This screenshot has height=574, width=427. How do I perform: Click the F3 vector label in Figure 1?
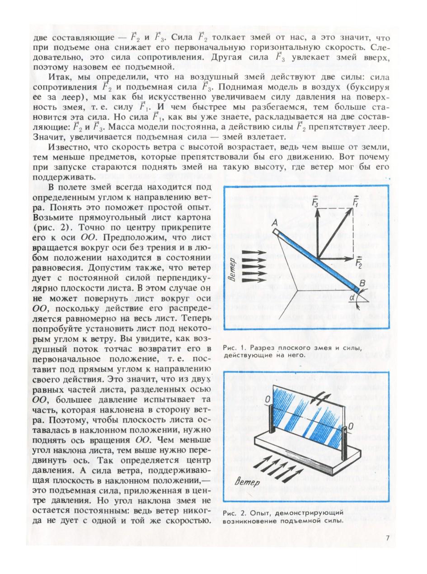point(316,202)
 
